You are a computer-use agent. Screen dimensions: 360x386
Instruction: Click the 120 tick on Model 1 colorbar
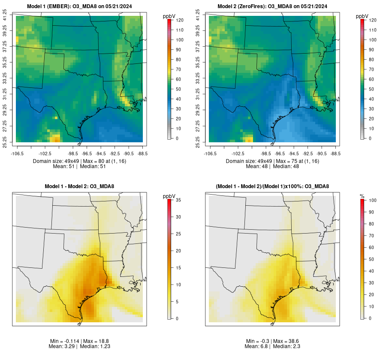pos(181,20)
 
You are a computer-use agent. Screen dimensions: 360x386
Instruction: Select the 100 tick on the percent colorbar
pos(372,201)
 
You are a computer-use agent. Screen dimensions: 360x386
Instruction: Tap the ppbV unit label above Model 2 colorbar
pos(362,16)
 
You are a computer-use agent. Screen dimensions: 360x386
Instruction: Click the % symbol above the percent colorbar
pos(362,196)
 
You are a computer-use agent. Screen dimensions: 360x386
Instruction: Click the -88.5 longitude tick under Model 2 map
pos(336,153)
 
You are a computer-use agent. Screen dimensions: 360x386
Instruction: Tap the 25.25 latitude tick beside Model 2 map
pos(199,142)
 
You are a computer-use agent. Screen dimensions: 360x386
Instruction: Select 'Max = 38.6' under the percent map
pos(290,341)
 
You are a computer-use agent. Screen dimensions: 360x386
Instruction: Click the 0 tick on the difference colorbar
pos(178,318)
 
